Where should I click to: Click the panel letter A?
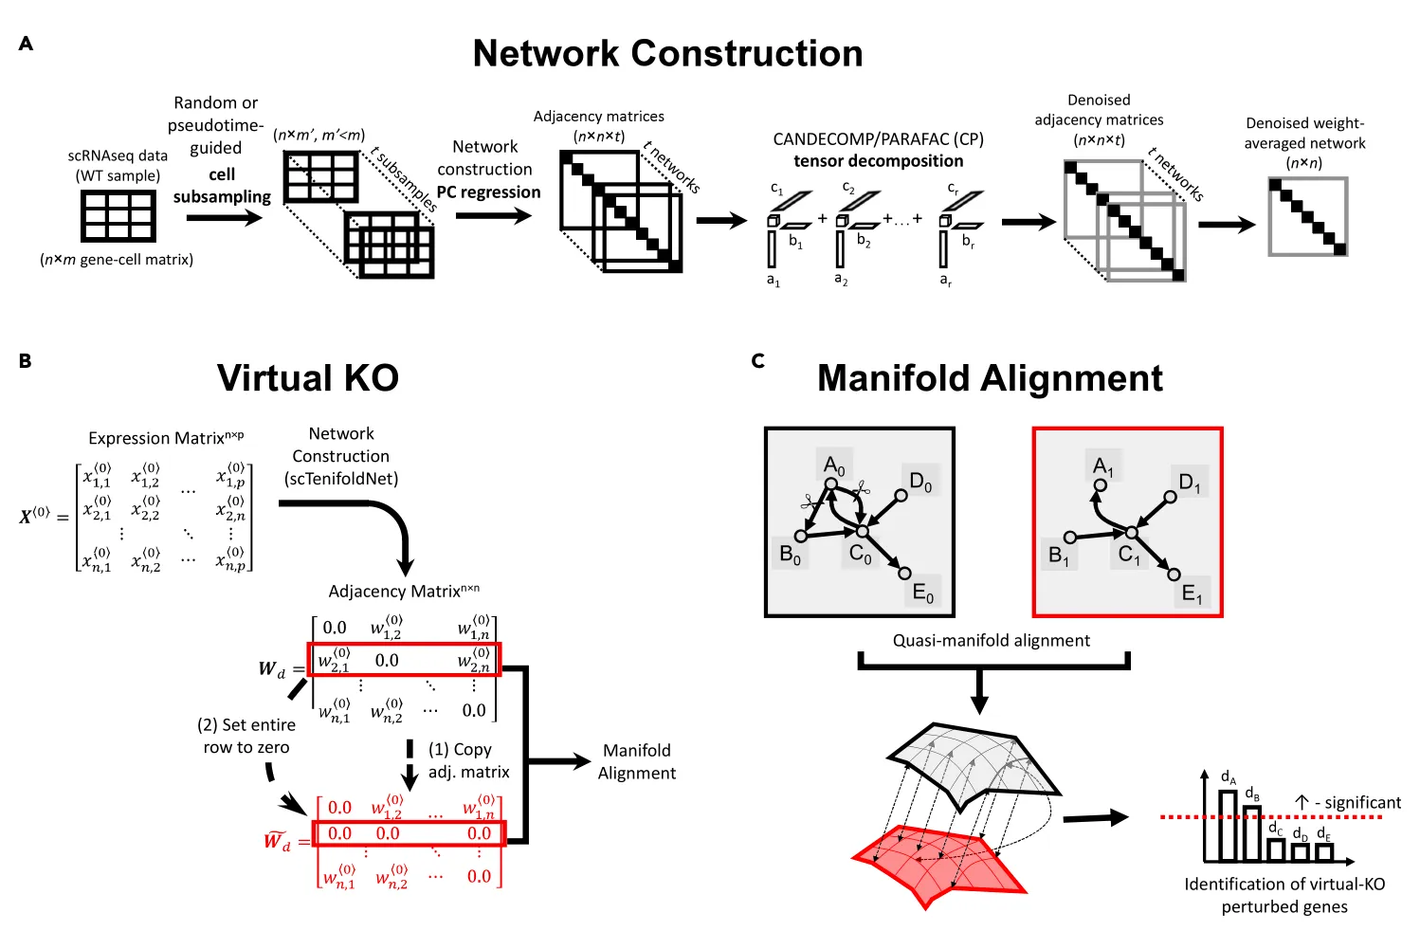(x=26, y=43)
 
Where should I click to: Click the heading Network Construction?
(x=667, y=53)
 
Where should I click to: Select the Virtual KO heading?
(x=308, y=377)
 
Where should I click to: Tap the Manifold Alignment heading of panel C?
(x=991, y=378)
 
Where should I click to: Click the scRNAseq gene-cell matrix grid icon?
(x=118, y=216)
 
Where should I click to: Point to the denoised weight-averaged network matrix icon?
(x=1308, y=216)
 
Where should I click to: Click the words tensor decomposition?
(x=878, y=161)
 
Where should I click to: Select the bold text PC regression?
(x=488, y=192)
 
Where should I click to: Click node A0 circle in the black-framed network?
(x=830, y=484)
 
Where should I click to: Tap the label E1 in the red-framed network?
(x=1191, y=593)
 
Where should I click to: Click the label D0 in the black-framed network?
(x=920, y=482)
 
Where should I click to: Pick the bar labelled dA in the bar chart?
(x=1228, y=826)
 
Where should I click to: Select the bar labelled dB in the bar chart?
(x=1252, y=833)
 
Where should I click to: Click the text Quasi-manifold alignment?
(x=992, y=641)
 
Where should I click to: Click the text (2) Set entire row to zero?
(x=246, y=737)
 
